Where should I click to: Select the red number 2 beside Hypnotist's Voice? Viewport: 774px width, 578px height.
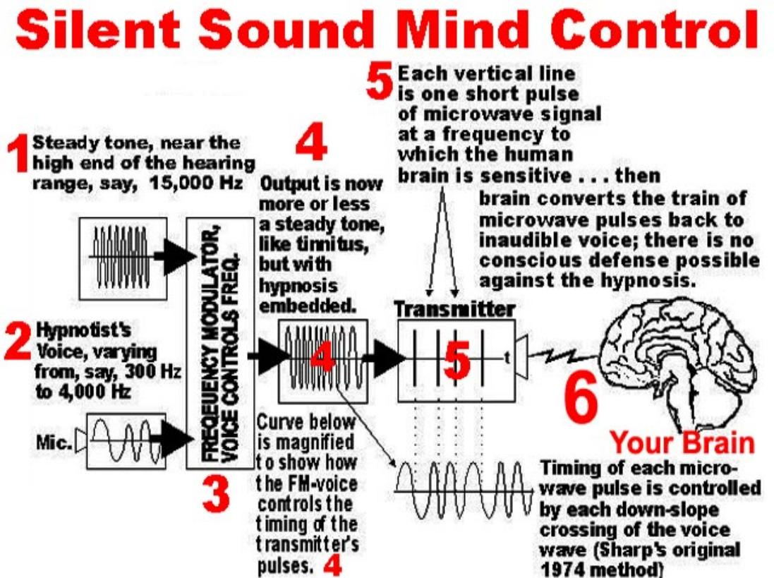tap(16, 343)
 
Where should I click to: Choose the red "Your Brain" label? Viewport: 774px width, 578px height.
tap(682, 443)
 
